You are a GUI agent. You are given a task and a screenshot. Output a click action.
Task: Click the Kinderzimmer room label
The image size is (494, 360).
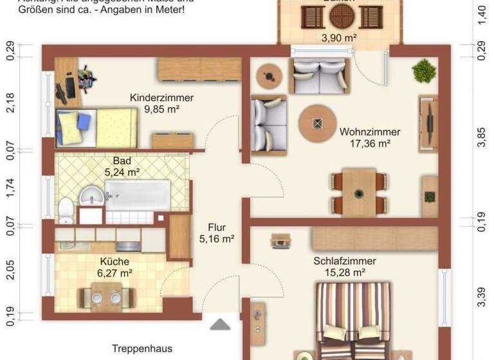tap(161, 98)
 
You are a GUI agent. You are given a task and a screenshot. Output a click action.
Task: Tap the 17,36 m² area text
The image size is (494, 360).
tap(365, 143)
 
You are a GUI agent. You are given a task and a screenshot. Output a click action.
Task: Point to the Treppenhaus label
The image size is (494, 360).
tap(142, 348)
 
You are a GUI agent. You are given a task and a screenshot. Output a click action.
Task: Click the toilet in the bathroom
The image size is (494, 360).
tap(66, 209)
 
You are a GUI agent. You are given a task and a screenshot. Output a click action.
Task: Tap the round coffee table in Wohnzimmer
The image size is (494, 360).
tap(316, 124)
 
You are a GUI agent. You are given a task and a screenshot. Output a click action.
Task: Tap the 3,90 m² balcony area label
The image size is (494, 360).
tap(339, 38)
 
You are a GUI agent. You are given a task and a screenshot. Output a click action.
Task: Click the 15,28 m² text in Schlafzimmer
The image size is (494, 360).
tap(344, 273)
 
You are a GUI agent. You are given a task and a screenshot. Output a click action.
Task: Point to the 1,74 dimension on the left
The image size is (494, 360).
tap(10, 188)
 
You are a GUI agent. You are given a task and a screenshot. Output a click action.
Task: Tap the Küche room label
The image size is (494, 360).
tap(114, 262)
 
